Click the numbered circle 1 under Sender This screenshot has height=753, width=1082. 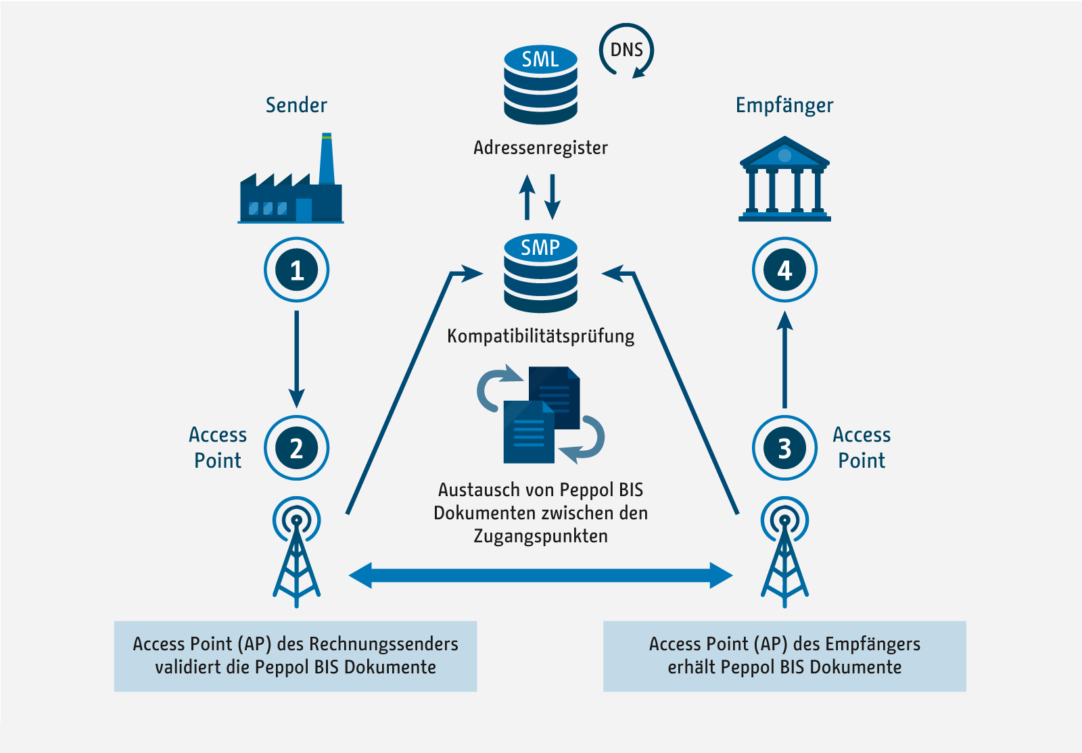[296, 270]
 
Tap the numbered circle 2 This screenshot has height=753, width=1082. [296, 448]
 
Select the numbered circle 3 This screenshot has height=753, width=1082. [784, 448]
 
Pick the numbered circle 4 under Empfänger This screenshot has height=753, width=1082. [784, 270]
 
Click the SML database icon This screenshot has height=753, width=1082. [540, 84]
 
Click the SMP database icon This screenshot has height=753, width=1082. [540, 273]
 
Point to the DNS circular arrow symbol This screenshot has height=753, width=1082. [626, 51]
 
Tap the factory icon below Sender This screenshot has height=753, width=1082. [291, 186]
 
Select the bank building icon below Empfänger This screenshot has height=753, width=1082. [784, 180]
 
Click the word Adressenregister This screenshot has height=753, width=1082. [540, 147]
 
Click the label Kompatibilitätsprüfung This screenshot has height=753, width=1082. [540, 336]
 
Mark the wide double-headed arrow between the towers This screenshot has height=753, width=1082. [540, 575]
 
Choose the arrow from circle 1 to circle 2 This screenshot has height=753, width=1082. [296, 358]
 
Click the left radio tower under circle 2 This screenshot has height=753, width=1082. [296, 554]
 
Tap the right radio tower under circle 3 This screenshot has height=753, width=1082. [784, 554]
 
